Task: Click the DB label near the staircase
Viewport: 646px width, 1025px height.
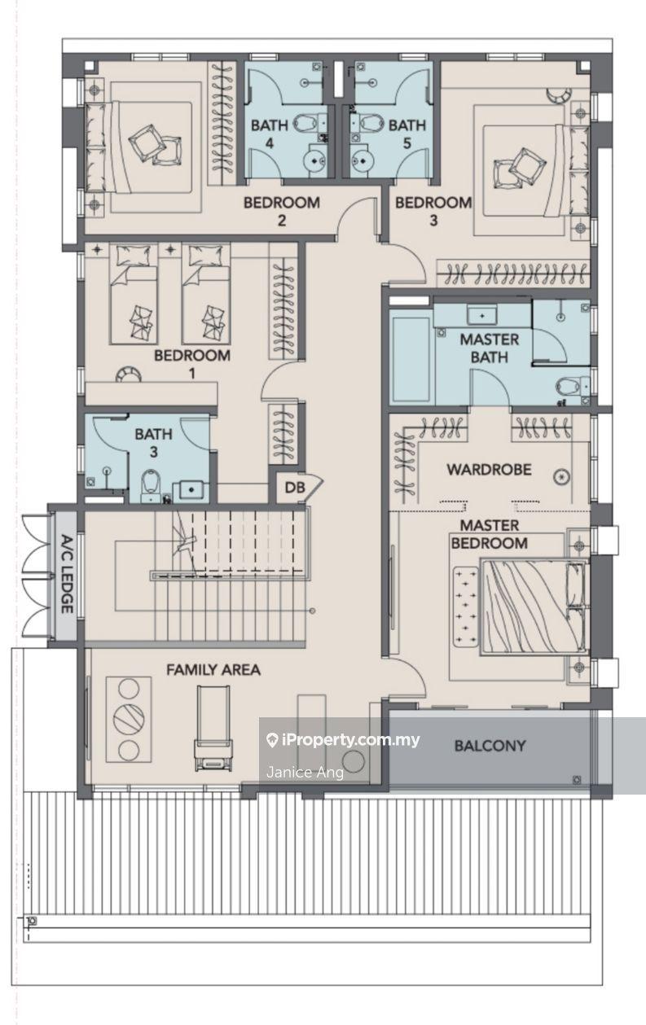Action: [294, 488]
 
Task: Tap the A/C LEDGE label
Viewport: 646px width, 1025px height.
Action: [67, 573]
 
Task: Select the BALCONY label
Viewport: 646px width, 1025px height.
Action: [490, 746]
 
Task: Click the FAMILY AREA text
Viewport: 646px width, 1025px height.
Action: [213, 670]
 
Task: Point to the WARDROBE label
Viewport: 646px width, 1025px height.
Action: [489, 470]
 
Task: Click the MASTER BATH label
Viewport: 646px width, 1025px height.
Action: [489, 348]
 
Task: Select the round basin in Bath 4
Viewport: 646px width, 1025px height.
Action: [315, 160]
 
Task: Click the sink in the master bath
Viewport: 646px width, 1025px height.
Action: [481, 316]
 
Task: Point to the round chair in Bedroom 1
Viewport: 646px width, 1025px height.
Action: [128, 374]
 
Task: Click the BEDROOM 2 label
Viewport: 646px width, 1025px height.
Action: [282, 211]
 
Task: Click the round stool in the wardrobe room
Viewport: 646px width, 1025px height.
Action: [560, 478]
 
